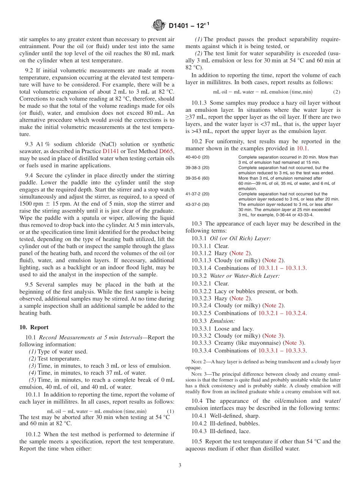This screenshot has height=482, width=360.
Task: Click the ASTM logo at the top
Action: (x=159, y=26)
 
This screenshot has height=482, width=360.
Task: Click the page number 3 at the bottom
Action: (x=180, y=466)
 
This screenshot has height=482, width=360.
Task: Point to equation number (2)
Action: (x=337, y=92)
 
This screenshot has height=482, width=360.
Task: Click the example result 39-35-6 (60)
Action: (x=198, y=178)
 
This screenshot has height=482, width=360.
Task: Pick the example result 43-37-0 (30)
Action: (x=198, y=204)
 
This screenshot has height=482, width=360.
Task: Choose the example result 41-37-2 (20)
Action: (x=198, y=194)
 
